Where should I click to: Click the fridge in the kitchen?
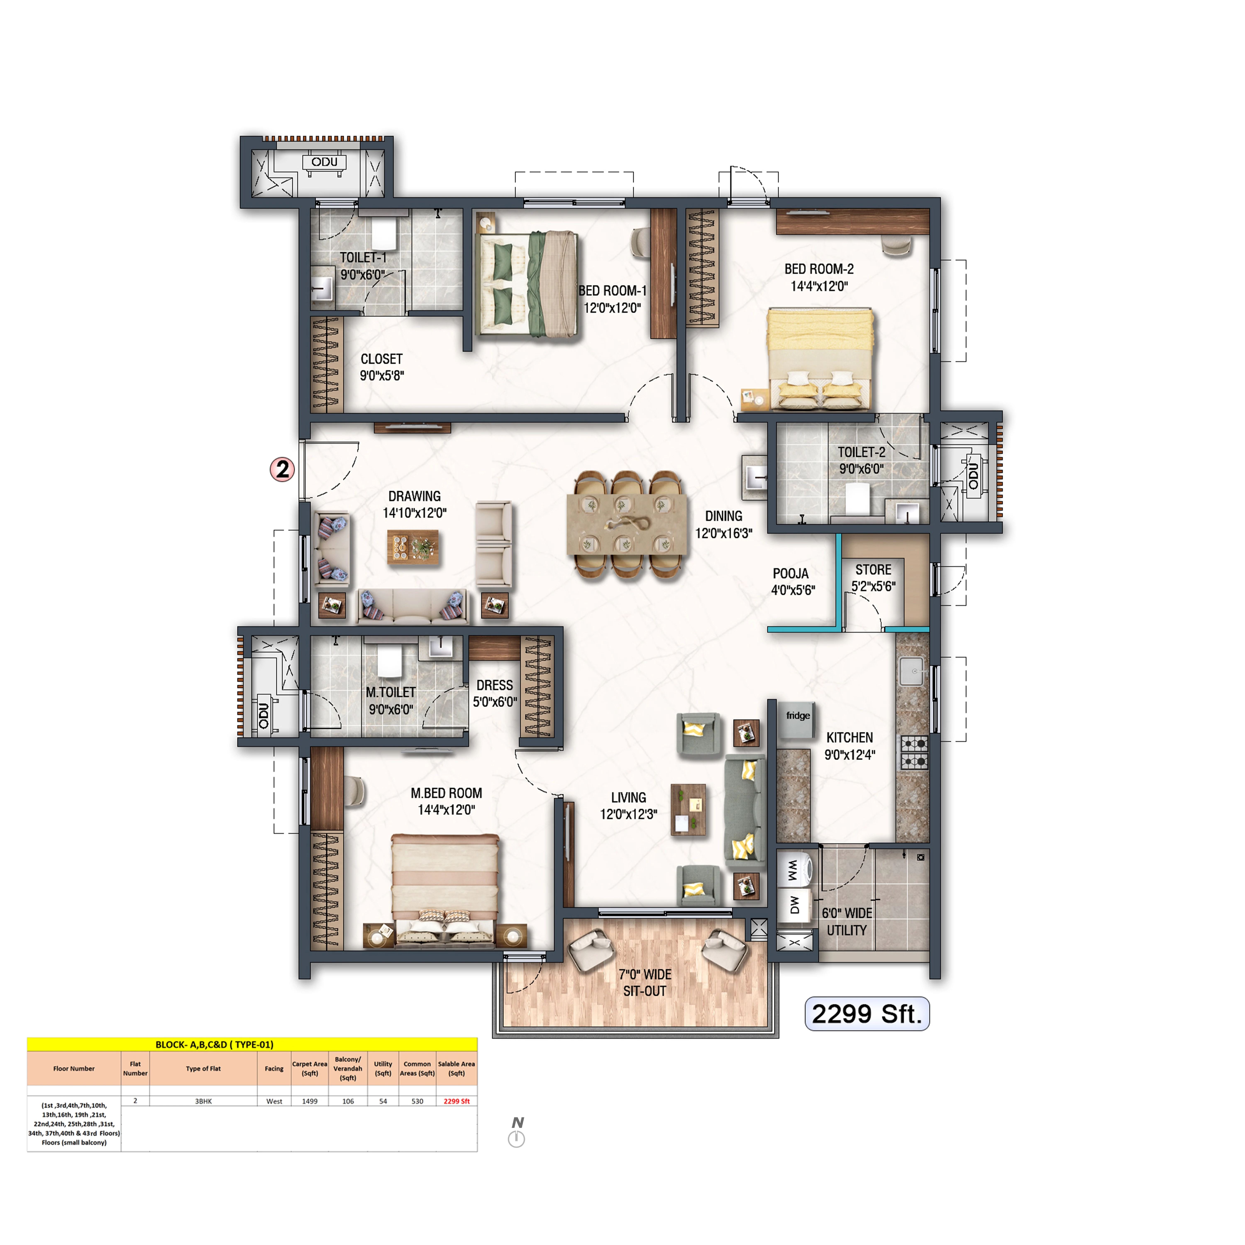pos(797,720)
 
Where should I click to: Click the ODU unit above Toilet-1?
pos(324,162)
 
